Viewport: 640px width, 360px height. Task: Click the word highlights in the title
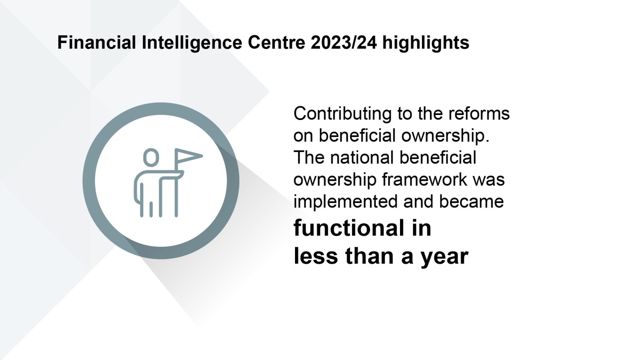426,42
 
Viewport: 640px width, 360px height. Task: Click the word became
471,202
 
